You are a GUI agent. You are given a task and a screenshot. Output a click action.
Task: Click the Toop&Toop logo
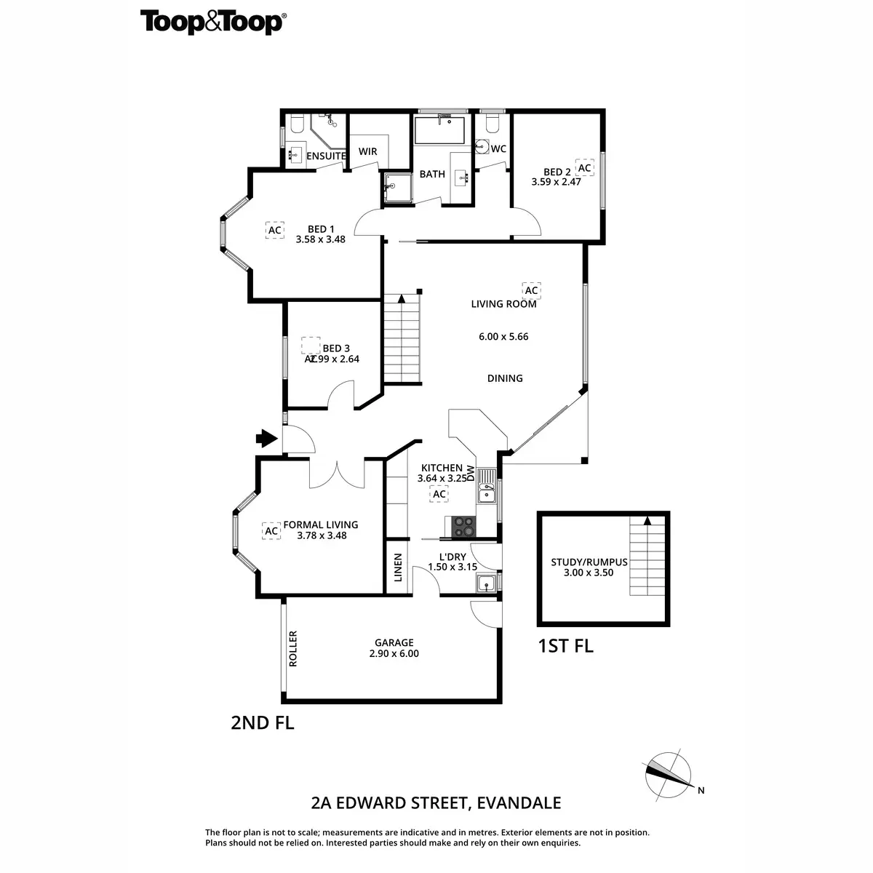coord(212,22)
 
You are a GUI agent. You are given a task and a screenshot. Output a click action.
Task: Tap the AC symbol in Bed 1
coord(274,231)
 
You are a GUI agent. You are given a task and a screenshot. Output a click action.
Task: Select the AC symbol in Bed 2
coord(584,168)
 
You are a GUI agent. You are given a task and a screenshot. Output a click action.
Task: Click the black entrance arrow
coord(267,438)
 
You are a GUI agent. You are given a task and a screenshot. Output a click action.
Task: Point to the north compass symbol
coord(667,774)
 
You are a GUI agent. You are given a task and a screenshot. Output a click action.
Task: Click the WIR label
coord(367,151)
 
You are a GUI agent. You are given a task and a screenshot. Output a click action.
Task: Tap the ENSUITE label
coord(326,156)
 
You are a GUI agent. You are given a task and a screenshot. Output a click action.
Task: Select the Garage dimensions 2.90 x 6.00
coord(394,653)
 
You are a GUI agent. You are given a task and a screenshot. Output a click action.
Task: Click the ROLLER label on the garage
coord(293,648)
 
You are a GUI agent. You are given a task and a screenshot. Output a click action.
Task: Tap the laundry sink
coord(486,583)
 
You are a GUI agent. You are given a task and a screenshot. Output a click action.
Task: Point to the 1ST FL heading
coord(565,645)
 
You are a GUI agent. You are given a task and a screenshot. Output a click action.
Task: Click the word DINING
coord(505,378)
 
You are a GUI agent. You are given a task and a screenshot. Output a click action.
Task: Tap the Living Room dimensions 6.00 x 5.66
coord(503,337)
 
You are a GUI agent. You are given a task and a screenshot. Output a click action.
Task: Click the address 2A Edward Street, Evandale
coord(436,803)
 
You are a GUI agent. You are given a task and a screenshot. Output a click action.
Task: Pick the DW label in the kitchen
coord(470,473)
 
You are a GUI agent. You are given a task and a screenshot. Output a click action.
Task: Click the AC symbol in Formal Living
coord(271,531)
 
